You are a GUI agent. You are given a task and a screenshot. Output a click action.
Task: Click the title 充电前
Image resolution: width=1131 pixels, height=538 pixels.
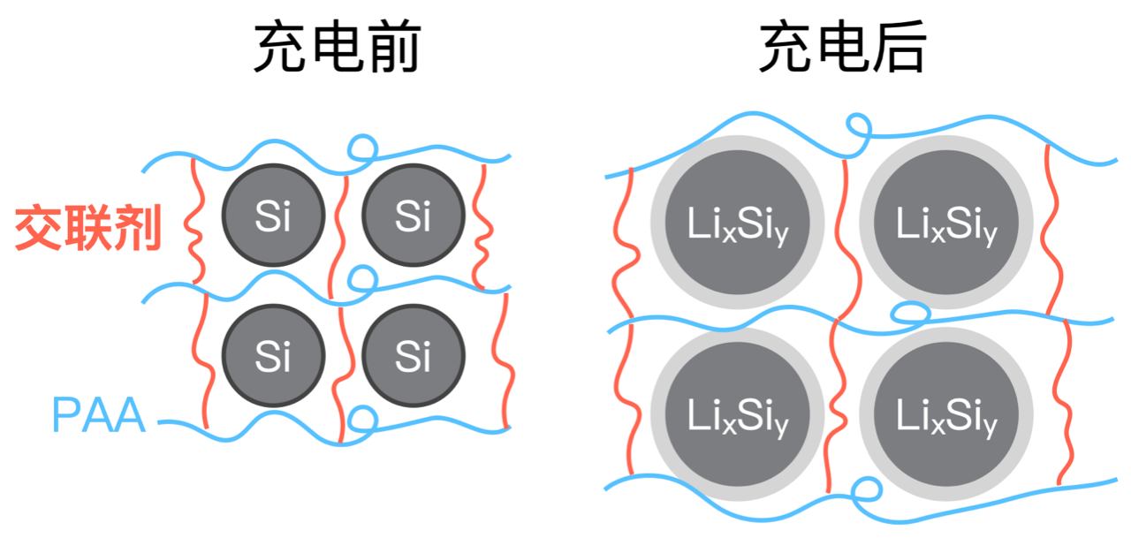point(338,47)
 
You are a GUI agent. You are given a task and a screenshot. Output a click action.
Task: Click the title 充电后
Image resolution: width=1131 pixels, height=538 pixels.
point(843,47)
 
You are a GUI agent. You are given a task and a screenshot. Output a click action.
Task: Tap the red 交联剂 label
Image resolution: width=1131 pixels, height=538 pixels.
point(88,228)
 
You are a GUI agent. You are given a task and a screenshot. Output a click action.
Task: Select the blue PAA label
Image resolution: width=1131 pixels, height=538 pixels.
point(99,414)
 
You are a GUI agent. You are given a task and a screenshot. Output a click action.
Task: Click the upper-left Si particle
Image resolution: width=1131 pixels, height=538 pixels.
point(274,215)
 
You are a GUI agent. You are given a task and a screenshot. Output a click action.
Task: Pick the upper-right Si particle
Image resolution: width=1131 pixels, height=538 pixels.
point(413,215)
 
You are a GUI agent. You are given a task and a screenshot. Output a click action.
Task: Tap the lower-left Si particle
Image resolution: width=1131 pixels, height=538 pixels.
point(274,355)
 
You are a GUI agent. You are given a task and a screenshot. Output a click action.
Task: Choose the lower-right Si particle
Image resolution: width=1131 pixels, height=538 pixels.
point(413,355)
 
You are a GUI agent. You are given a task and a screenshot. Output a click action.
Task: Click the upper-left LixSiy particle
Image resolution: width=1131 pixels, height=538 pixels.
point(737,222)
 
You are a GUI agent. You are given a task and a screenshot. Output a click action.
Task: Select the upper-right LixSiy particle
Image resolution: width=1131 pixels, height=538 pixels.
point(946,222)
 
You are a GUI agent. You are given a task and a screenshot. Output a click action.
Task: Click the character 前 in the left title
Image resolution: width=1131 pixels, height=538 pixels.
point(395,47)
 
